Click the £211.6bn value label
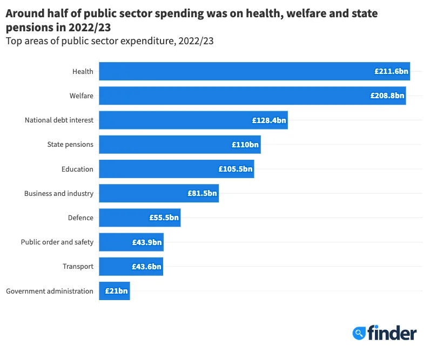(x=391, y=71)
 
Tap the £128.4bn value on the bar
(x=269, y=120)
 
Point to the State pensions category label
(x=70, y=145)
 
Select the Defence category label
(x=80, y=218)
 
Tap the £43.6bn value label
(x=146, y=267)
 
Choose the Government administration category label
(x=50, y=291)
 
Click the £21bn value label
(x=116, y=291)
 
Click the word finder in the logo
(x=392, y=332)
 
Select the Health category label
(x=83, y=71)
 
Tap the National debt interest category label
(x=59, y=120)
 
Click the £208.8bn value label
(x=387, y=96)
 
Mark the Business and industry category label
(x=59, y=193)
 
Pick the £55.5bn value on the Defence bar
(x=164, y=218)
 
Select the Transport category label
(x=78, y=267)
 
